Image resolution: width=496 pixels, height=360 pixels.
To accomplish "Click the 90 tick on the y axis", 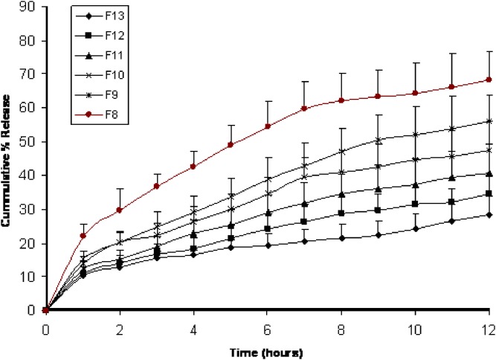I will pyautogui.click(x=30, y=7).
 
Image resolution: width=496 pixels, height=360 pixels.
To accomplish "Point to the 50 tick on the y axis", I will pyautogui.click(x=30, y=141).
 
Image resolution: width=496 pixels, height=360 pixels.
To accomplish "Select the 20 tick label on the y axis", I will pyautogui.click(x=30, y=242).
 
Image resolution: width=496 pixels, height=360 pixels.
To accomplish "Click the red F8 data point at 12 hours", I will pyautogui.click(x=488, y=80).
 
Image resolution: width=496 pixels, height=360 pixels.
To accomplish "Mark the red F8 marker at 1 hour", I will pyautogui.click(x=83, y=236).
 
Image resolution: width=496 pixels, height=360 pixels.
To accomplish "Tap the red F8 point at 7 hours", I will pyautogui.click(x=304, y=109).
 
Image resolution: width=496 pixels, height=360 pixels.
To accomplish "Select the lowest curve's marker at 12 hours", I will pyautogui.click(x=488, y=214).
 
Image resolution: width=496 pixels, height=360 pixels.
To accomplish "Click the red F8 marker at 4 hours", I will pyautogui.click(x=193, y=167).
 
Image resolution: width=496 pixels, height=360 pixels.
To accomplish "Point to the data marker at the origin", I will pyautogui.click(x=46, y=309).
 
